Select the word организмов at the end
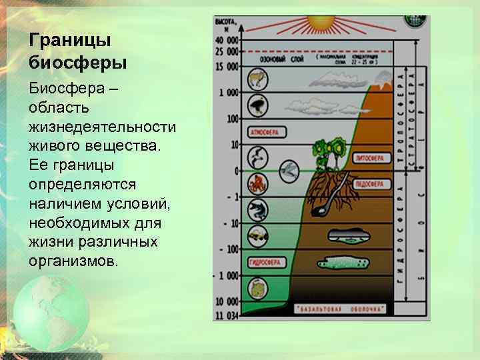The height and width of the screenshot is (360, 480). point(74,260)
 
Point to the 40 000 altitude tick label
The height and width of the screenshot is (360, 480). point(227,41)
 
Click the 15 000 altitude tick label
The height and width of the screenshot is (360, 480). point(227,66)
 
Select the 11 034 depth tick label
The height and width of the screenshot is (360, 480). point(227,313)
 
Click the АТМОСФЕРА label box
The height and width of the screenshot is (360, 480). point(265,131)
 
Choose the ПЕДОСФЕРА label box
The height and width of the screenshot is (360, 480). point(369,183)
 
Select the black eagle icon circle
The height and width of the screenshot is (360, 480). point(257,105)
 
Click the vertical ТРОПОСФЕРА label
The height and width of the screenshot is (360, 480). point(401,117)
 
